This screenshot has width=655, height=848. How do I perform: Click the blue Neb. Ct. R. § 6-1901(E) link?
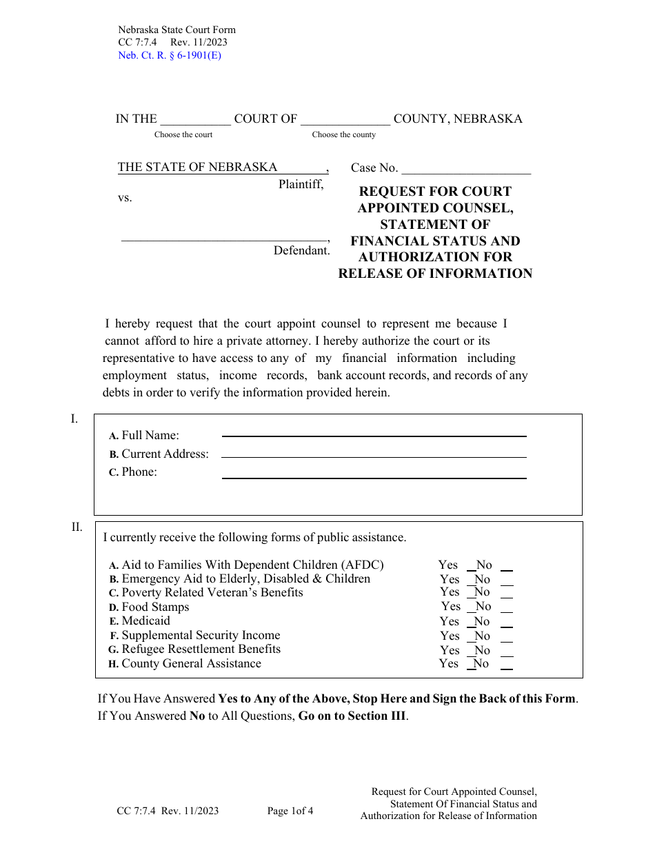tap(170, 55)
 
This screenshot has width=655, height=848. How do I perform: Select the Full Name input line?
tap(374, 434)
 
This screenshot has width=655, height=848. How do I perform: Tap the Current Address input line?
tap(374, 455)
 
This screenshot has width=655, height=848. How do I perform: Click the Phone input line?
tap(374, 476)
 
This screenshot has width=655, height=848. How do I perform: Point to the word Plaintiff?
tap(301, 184)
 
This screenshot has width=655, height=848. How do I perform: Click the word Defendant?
tap(301, 251)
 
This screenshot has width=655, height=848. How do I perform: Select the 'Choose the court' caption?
tap(183, 134)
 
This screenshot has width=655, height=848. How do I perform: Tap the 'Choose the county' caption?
tap(343, 134)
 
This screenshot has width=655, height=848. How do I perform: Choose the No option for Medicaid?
tap(506, 622)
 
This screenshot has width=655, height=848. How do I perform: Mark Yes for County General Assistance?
tap(472, 664)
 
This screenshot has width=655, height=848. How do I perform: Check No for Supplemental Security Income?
tap(506, 636)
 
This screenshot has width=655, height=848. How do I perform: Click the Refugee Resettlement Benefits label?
tap(201, 649)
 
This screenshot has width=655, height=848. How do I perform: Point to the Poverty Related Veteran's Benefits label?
tap(212, 593)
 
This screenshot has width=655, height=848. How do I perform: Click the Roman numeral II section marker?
tap(77, 527)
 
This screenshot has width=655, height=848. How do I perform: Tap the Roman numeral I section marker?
tap(74, 419)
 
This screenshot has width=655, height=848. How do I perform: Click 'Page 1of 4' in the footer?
tap(290, 811)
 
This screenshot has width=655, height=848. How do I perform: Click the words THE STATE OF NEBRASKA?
tap(197, 167)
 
